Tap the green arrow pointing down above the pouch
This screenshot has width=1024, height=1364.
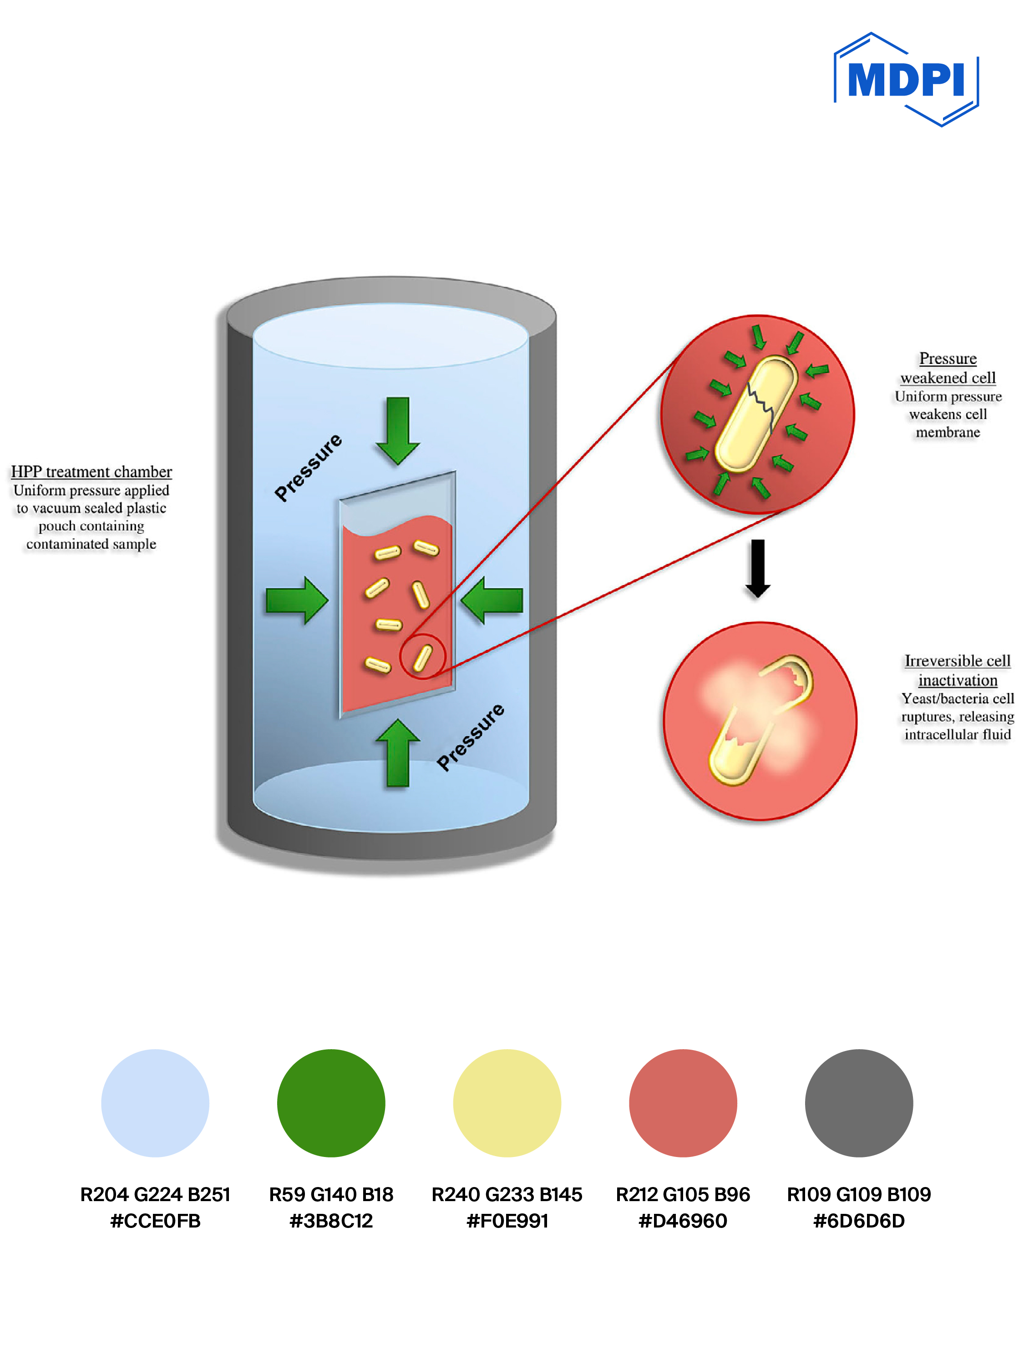tap(398, 430)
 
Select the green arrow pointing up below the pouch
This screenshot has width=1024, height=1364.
tap(398, 753)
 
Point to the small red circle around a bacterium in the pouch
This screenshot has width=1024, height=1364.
tap(422, 657)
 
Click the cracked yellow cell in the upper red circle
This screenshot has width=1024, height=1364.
tap(756, 414)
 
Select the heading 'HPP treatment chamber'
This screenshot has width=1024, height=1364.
tap(91, 472)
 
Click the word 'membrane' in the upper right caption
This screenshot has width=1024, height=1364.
tap(948, 432)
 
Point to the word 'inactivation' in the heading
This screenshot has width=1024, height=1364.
tap(958, 680)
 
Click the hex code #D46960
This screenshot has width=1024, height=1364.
tap(683, 1221)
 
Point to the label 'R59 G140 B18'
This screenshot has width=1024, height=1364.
tap(331, 1194)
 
